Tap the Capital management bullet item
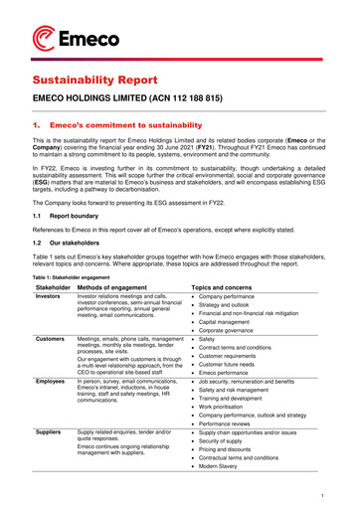pyautogui.click(x=236, y=323)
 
